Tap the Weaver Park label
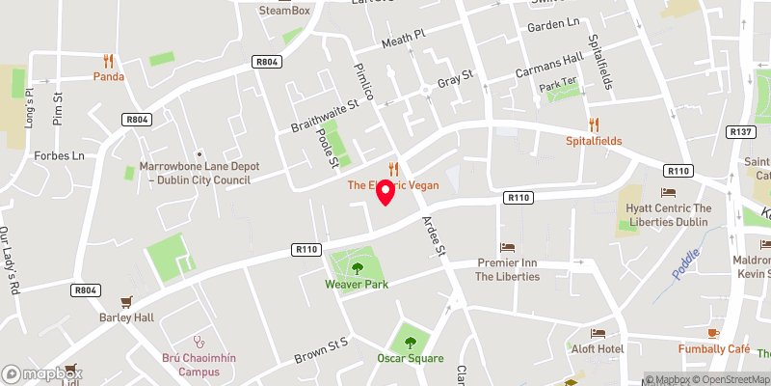pos(357,284)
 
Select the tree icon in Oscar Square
pos(411,342)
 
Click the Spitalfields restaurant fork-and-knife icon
pos(594,124)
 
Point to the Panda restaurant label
pos(109,76)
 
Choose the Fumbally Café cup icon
pos(713,333)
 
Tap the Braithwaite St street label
pos(325,114)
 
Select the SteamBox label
pos(285,11)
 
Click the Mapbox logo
pos(43,373)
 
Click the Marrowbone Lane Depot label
pos(199,172)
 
